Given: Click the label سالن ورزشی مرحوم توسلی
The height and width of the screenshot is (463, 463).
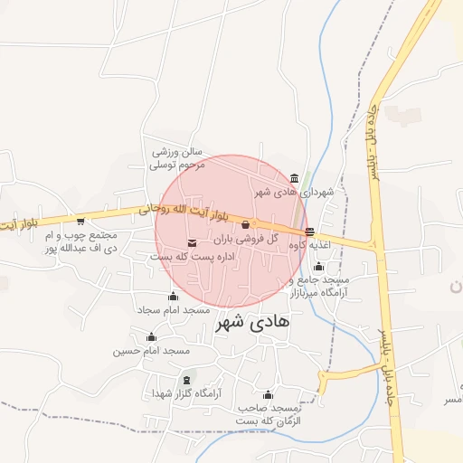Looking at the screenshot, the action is coord(177,158).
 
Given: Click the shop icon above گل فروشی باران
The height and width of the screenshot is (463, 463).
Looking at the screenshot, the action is coord(245,224).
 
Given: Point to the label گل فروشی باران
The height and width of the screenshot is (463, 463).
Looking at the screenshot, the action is coord(244,241).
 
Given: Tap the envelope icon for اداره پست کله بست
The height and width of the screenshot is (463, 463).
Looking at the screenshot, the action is coord(192,241).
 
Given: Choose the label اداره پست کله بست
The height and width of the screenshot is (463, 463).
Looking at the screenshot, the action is coord(192,257).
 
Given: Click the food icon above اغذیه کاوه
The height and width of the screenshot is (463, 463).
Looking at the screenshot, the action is coord(310,231).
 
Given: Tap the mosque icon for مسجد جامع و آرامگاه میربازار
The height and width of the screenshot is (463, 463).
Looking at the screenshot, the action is coord(318,266).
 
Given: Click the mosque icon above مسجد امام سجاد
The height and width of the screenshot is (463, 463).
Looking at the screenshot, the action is coord(173,296).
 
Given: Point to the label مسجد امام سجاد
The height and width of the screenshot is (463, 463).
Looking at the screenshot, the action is coord(173,310).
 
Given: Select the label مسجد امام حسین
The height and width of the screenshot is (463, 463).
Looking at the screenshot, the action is coord(151,350).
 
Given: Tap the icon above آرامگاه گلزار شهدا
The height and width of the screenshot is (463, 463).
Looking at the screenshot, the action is coord(187,380).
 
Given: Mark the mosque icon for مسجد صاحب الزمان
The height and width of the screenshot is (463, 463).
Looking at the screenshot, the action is coord(268,394).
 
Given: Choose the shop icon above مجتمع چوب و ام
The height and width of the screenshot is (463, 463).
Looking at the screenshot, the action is coord(80,221).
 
